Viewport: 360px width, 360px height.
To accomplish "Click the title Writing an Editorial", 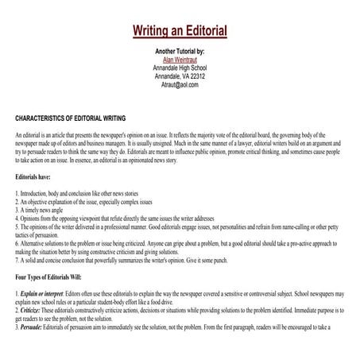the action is (x=180, y=31).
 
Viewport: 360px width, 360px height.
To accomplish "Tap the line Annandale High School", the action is (x=180, y=68).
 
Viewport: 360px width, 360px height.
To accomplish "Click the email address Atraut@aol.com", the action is (x=180, y=83).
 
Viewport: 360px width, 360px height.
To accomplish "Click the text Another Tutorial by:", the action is (x=180, y=51).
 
